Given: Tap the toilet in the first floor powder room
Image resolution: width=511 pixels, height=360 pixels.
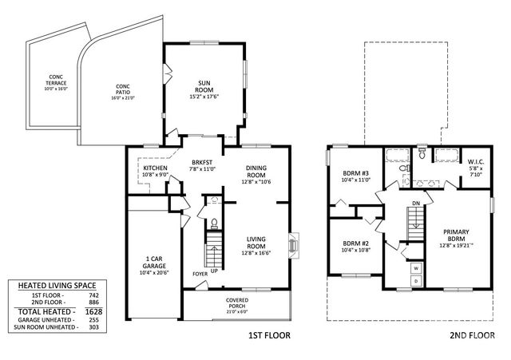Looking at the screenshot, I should (214, 223).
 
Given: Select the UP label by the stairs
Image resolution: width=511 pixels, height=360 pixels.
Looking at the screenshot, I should (214, 270).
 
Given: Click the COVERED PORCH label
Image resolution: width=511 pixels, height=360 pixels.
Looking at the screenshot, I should (236, 302).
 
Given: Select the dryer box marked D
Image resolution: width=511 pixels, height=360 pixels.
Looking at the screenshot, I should (416, 282).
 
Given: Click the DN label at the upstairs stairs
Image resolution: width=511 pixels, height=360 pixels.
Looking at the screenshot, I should (415, 204).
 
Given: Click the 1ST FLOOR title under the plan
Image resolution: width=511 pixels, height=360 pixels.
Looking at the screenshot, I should (267, 336).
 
